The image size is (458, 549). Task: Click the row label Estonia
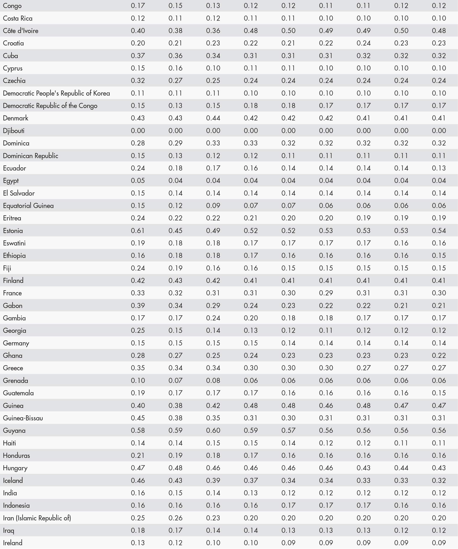(x=13, y=231)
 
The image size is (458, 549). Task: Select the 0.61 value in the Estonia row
(x=138, y=231)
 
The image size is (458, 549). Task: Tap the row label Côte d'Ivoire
(x=21, y=31)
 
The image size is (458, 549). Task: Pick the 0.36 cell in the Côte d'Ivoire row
(x=213, y=31)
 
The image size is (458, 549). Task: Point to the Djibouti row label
(x=14, y=131)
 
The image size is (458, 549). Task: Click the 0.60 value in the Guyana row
(x=213, y=430)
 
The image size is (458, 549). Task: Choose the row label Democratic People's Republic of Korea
(x=56, y=93)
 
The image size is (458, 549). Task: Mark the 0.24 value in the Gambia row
(x=213, y=318)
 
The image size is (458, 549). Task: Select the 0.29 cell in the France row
(x=326, y=293)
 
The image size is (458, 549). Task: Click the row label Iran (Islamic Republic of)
(x=37, y=518)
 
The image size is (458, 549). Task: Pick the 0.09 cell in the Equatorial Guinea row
(x=213, y=205)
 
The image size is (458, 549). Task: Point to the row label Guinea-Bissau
(x=23, y=418)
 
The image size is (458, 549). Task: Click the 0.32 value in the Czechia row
(x=138, y=81)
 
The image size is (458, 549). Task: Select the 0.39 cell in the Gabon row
(x=138, y=305)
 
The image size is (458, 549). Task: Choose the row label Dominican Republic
(x=30, y=156)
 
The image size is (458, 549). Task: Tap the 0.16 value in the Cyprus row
(x=175, y=68)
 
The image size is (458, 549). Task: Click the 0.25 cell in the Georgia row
(x=138, y=330)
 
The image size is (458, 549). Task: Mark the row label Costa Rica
(x=18, y=18)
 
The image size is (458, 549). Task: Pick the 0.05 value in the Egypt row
(x=138, y=181)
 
